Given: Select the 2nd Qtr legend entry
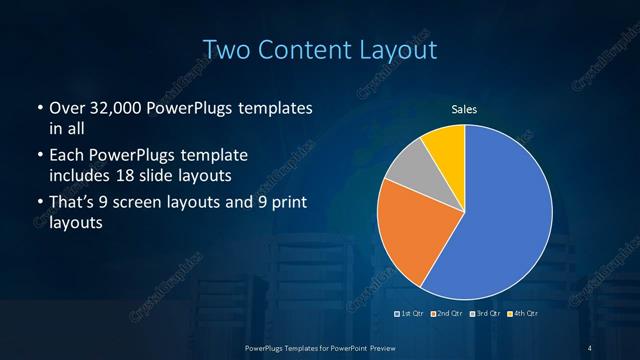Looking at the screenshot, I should pos(448,314).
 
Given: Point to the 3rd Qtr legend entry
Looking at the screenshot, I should pos(485,314).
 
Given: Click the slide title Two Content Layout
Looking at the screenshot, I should pos(320,48).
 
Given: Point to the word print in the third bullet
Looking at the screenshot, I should pos(286,204).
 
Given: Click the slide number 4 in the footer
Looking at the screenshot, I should pos(591,347).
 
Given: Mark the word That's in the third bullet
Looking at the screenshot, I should pos(74,204).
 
